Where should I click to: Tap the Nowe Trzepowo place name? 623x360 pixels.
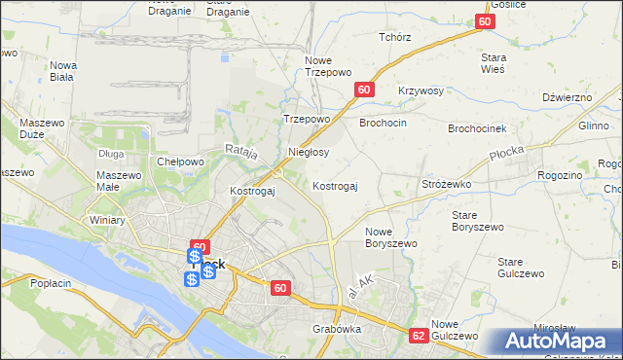(326, 65)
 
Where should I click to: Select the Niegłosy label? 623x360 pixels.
(309, 152)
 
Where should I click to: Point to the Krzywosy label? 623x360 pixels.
(421, 90)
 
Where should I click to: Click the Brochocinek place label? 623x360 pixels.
(477, 128)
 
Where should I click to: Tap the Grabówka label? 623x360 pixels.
(337, 329)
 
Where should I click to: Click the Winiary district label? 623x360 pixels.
(107, 220)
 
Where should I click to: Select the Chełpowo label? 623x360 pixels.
(179, 162)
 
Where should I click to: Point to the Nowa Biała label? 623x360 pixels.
(63, 71)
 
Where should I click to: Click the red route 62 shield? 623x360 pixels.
(419, 335)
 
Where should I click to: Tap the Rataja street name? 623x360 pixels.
(240, 150)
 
